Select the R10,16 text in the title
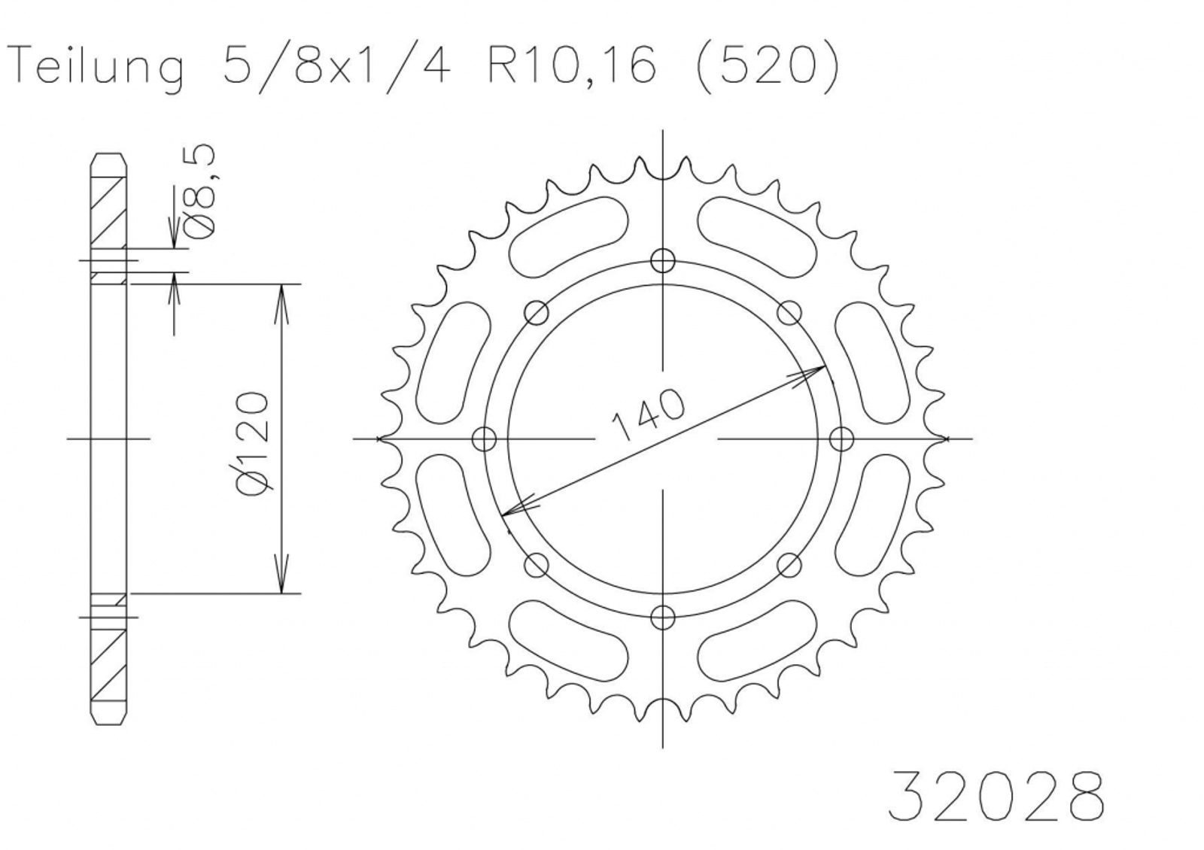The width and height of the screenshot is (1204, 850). (x=572, y=67)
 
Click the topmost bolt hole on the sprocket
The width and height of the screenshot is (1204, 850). (x=662, y=262)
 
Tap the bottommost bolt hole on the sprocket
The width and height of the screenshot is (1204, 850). (x=662, y=617)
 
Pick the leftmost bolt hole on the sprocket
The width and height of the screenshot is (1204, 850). (x=485, y=439)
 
